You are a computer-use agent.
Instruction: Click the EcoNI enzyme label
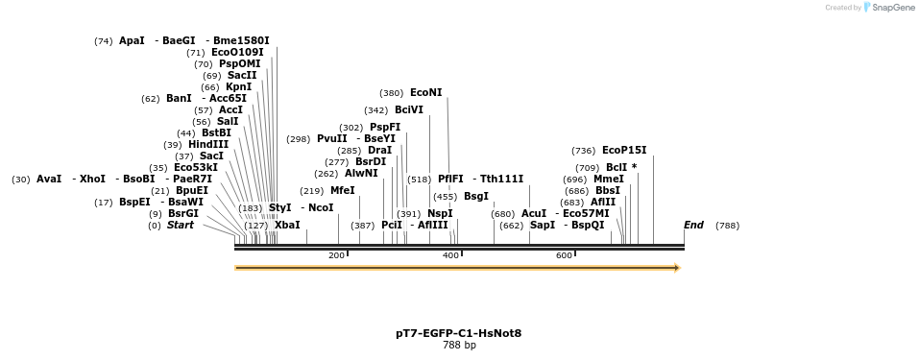[425, 93]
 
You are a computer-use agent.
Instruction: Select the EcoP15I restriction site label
[624, 150]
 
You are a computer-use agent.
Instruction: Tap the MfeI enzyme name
[342, 190]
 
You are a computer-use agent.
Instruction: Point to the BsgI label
[475, 196]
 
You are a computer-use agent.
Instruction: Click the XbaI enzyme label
[287, 225]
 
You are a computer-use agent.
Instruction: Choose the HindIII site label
[208, 144]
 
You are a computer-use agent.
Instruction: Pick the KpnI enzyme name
[238, 86]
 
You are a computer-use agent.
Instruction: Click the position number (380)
[391, 93]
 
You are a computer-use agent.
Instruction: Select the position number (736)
[583, 151]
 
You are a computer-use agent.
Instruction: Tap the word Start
[180, 225]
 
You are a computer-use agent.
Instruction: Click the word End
[693, 225]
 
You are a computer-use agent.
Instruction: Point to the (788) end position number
[727, 226]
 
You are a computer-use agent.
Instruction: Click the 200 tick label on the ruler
[336, 255]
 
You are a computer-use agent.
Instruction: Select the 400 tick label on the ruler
[450, 255]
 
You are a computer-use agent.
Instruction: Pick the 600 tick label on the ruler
[564, 255]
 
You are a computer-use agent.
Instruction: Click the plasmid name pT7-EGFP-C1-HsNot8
[458, 333]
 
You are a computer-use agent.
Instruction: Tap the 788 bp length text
[458, 346]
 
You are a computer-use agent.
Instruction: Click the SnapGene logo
[887, 8]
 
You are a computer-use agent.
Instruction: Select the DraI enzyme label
[379, 150]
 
